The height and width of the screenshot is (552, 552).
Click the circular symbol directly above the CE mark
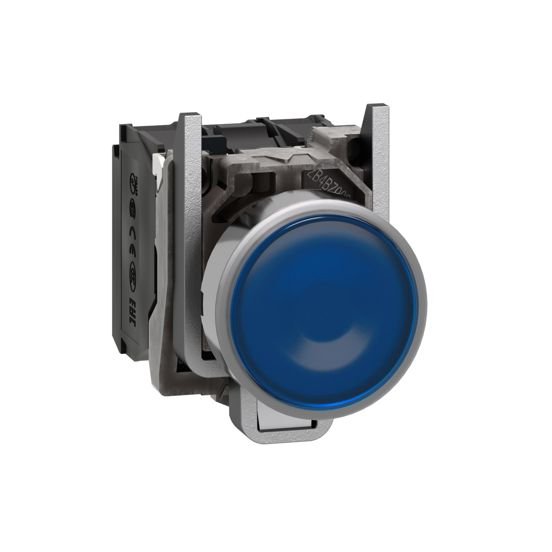tap(133, 208)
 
